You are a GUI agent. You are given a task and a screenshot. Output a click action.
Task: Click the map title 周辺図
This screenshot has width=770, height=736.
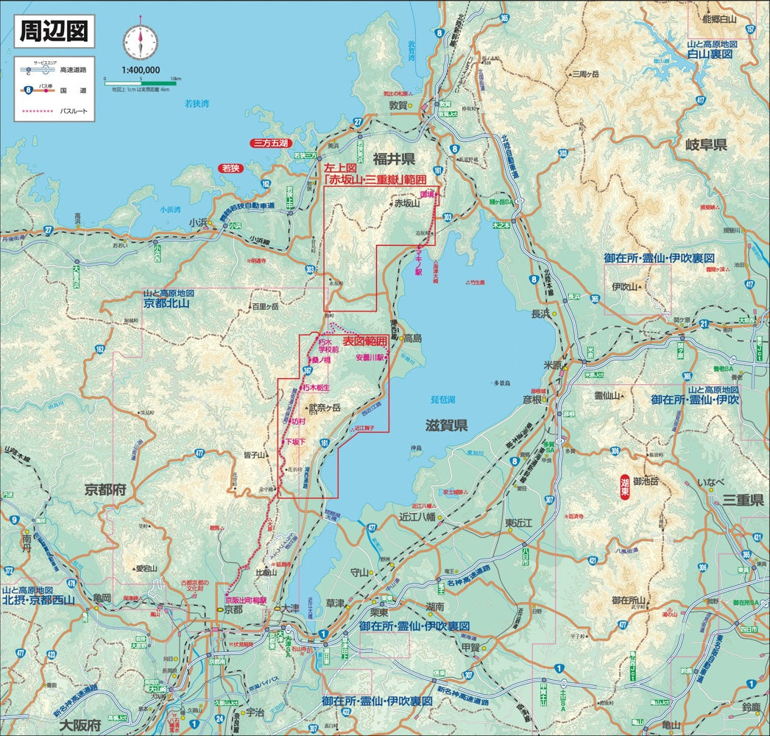click(x=54, y=31)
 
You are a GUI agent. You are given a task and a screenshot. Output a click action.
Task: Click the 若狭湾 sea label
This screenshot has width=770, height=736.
click(x=196, y=104)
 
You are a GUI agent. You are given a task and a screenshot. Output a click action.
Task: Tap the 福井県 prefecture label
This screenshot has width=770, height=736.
click(x=394, y=159)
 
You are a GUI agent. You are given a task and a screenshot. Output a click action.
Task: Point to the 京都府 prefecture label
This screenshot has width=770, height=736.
click(x=107, y=489)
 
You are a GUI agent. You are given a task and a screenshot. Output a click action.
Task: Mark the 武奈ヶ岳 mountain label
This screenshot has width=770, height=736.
click(x=325, y=407)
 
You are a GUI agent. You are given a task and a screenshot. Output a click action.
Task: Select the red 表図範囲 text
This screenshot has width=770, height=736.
click(x=365, y=342)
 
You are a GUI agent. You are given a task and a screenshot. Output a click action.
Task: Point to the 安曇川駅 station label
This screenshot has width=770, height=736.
click(x=370, y=358)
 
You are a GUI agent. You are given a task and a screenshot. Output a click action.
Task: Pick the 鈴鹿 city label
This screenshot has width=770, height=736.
click(x=752, y=708)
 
